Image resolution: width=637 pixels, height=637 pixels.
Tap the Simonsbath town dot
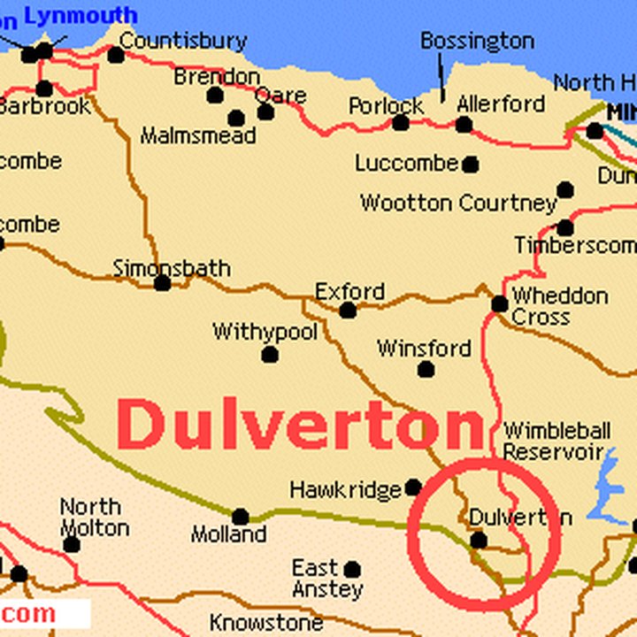(x=162, y=283)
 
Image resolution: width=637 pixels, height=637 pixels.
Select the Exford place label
(x=349, y=291)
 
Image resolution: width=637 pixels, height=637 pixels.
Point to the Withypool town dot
(x=270, y=355)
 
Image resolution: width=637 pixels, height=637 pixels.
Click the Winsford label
(x=424, y=348)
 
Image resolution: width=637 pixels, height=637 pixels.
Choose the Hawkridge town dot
(x=412, y=487)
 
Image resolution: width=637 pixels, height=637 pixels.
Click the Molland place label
(x=228, y=534)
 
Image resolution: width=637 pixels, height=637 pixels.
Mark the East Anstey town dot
(x=352, y=569)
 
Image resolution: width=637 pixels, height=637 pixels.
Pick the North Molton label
(x=93, y=517)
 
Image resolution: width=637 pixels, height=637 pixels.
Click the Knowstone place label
(x=265, y=623)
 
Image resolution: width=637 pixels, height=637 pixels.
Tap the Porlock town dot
(x=401, y=123)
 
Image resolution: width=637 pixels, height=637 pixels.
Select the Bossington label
(x=477, y=41)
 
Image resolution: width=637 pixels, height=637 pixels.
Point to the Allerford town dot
(x=464, y=124)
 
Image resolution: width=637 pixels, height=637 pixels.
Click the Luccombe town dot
(x=471, y=165)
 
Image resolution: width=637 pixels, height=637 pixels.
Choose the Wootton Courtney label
(x=457, y=203)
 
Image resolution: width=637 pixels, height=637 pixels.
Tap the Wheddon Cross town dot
(x=500, y=304)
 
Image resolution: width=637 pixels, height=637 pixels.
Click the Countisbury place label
(x=182, y=41)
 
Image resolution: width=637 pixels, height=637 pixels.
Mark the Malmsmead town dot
(x=235, y=118)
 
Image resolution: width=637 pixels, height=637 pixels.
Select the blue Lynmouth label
(x=81, y=15)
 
